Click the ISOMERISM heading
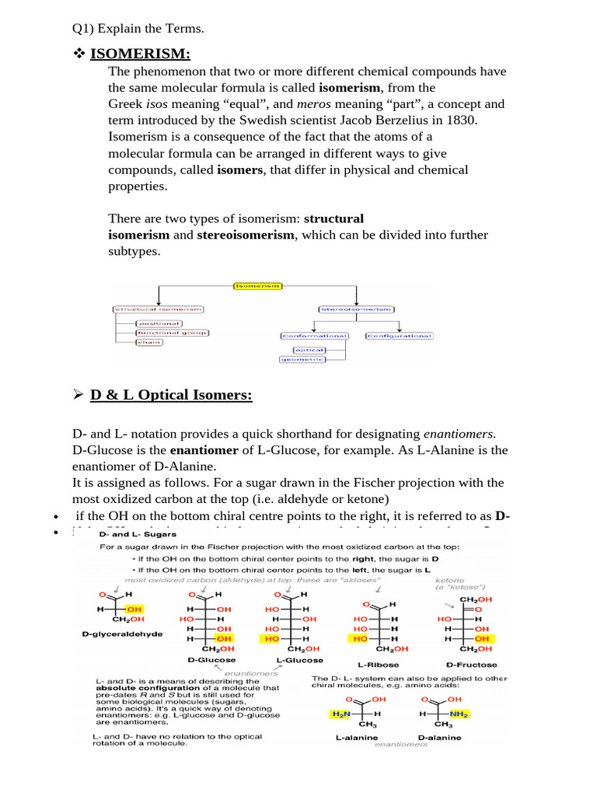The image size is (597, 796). point(140,54)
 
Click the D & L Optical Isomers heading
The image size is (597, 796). point(171,395)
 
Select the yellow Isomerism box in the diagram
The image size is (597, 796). point(258,286)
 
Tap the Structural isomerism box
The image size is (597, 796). point(159,309)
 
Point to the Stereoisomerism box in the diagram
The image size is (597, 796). point(358,309)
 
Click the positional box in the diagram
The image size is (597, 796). point(159,323)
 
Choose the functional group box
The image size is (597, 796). point(172,333)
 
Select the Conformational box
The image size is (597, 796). point(315,336)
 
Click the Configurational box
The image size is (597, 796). point(399,336)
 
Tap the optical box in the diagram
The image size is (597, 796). point(298,350)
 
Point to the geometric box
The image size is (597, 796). point(302,359)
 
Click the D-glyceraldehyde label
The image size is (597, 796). point(122,634)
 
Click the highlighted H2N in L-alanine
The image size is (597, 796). point(340,713)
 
